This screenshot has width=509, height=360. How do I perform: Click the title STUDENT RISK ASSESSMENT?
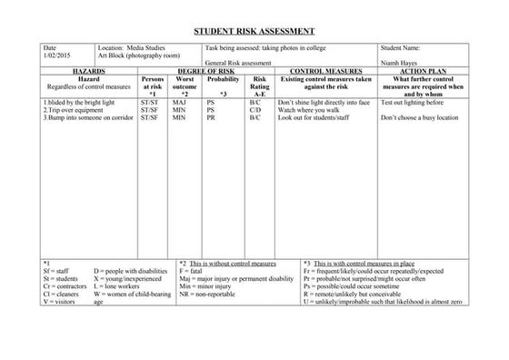point(254,30)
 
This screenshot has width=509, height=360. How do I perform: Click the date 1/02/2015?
point(55,55)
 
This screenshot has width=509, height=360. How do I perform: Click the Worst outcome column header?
point(184,83)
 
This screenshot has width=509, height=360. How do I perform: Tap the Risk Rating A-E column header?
point(260,86)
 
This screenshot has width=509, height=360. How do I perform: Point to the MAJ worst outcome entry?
point(179,103)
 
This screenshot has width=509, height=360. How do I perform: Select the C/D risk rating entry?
point(255,110)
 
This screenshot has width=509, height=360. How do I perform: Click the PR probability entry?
point(211,118)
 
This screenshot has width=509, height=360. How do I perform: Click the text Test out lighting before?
point(418,103)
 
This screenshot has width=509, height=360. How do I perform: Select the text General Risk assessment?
point(238,63)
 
